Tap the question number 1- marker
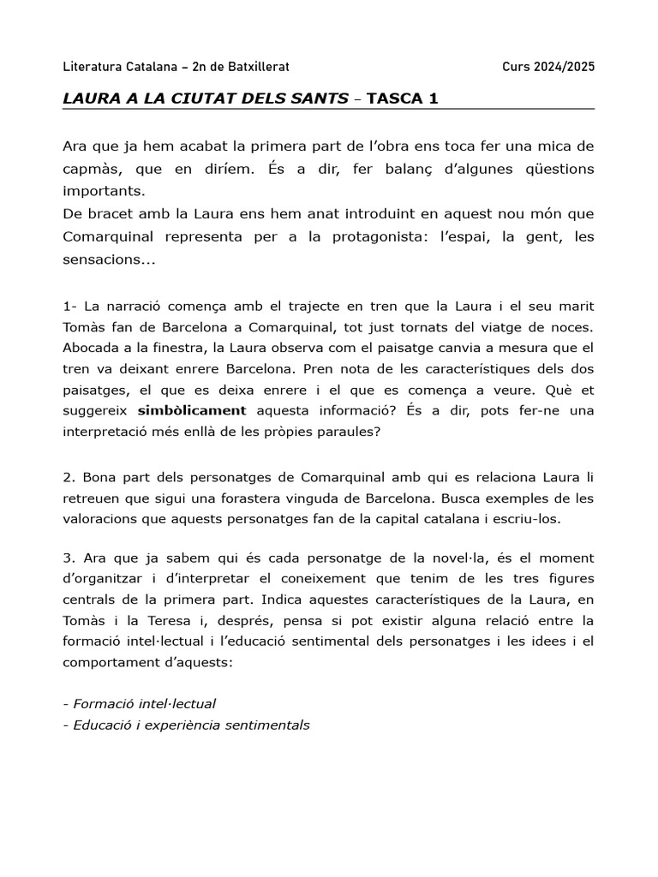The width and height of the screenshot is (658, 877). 69,307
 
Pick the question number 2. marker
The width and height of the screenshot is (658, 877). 69,476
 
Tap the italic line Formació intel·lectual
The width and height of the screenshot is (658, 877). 140,704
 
